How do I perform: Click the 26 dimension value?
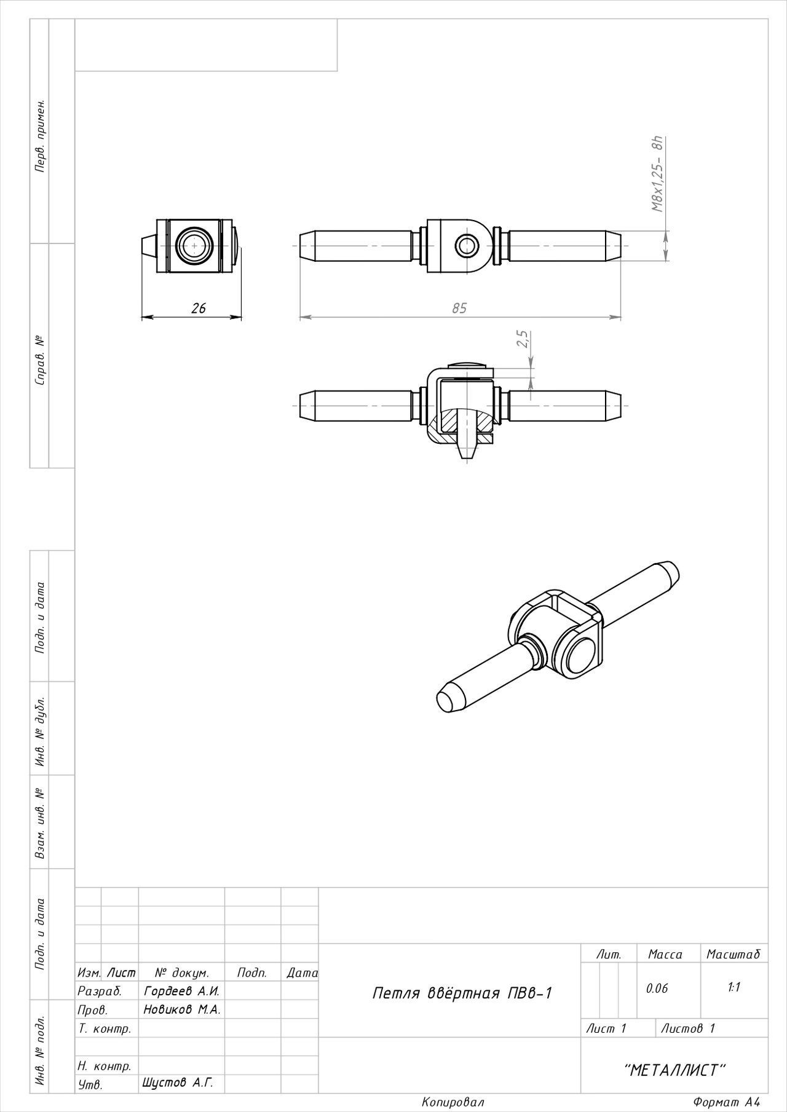199,308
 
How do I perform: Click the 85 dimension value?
459,308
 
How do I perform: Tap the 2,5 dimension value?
523,339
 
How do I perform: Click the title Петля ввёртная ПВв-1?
463,993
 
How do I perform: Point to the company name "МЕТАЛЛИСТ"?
674,1070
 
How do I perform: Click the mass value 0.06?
656,988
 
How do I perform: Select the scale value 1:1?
734,987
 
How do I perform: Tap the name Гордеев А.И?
181,991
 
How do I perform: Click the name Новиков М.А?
182,1009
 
